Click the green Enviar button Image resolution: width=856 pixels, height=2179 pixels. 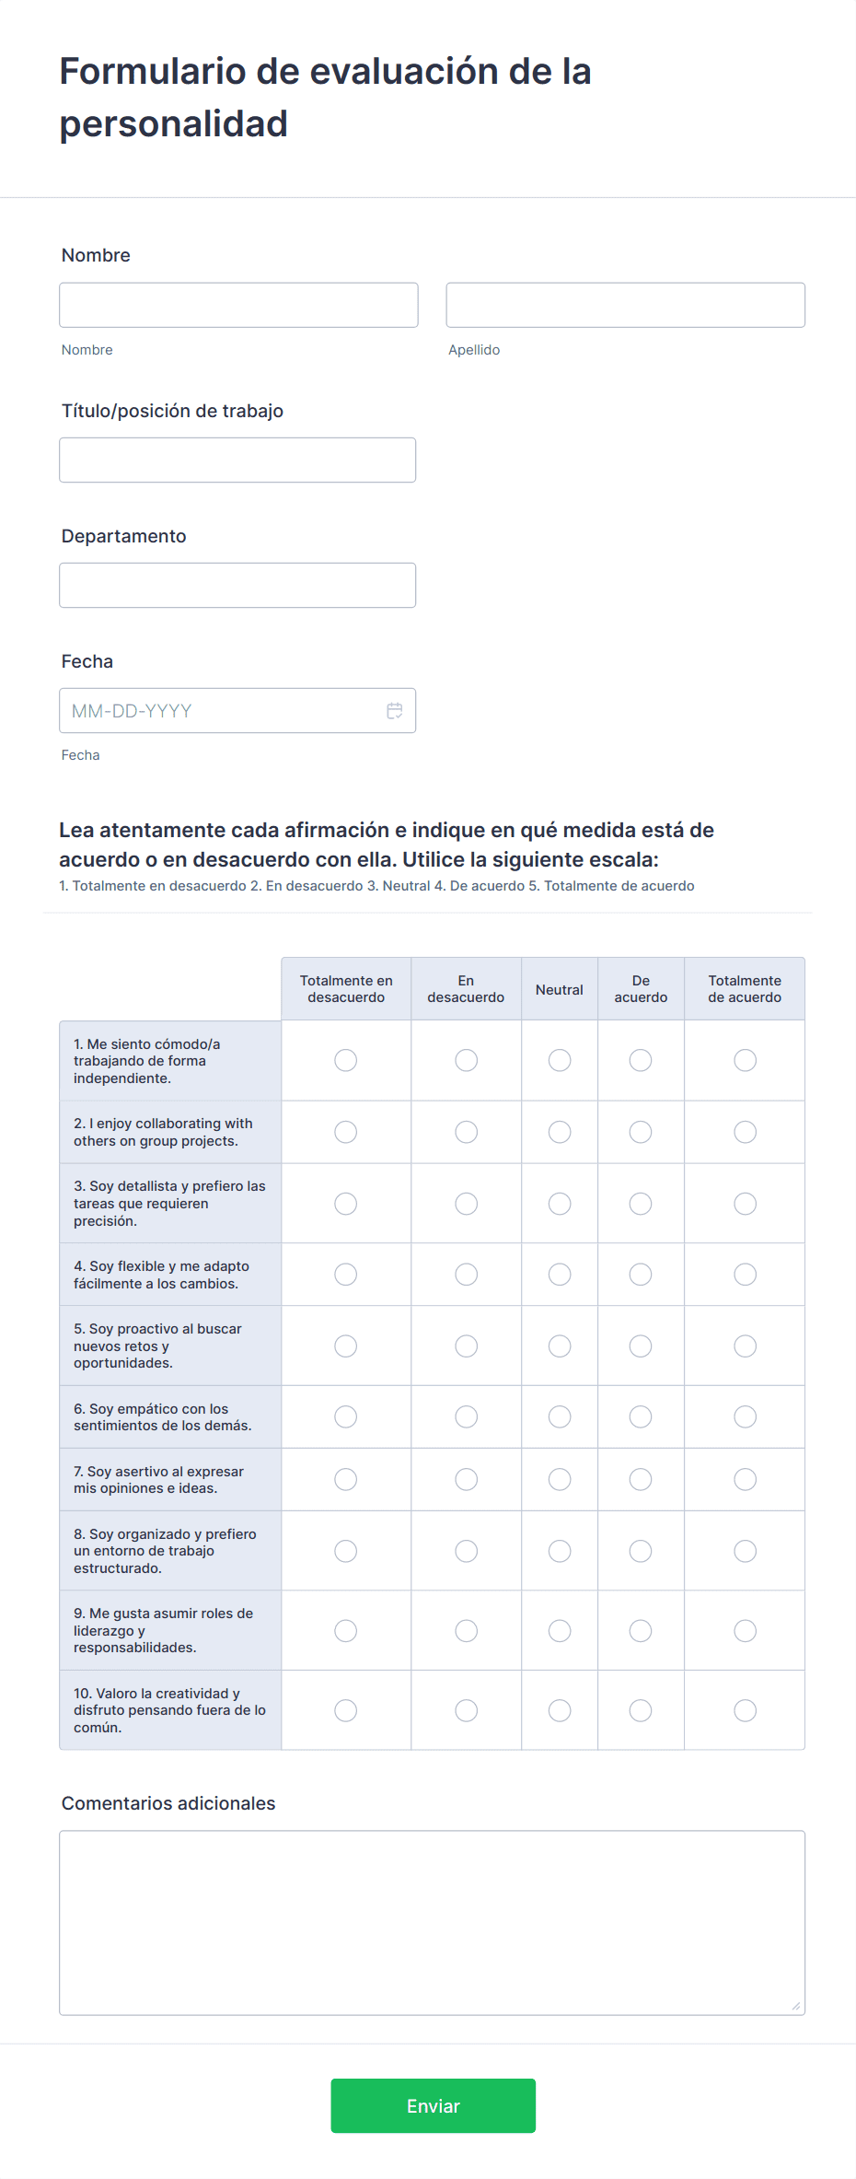[433, 2105]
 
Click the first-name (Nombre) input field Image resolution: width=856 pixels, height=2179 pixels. [238, 305]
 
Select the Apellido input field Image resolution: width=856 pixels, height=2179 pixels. [625, 305]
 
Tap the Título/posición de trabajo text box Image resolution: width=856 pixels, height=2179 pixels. [237, 460]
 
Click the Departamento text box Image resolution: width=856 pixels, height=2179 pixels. [237, 585]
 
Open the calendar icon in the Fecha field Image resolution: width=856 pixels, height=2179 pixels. [395, 711]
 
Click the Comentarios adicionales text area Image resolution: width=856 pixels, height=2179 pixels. [432, 1922]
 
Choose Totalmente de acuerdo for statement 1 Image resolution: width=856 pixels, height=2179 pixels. [745, 1060]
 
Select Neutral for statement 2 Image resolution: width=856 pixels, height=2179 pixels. [560, 1132]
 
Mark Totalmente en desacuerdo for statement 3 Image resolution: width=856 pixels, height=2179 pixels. [346, 1204]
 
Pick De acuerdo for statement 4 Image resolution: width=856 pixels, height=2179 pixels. [641, 1275]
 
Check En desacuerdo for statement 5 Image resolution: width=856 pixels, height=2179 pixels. [467, 1346]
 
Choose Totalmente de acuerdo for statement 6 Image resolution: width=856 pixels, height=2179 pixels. [745, 1416]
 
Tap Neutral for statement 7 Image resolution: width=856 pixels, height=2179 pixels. [560, 1479]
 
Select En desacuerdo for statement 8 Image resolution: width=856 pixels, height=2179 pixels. [467, 1551]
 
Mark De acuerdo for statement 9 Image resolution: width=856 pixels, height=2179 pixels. [641, 1631]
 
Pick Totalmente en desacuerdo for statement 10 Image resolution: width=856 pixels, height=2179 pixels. [346, 1710]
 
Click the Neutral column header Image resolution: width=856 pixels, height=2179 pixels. [560, 989]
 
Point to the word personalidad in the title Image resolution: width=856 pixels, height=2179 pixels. [174, 123]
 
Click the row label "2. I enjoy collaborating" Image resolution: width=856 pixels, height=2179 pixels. [163, 1132]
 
